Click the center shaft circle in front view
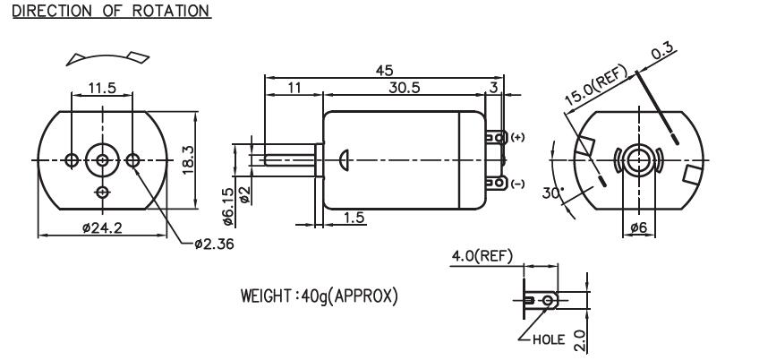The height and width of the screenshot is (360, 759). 102,159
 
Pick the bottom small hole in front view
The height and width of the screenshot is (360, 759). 102,193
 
